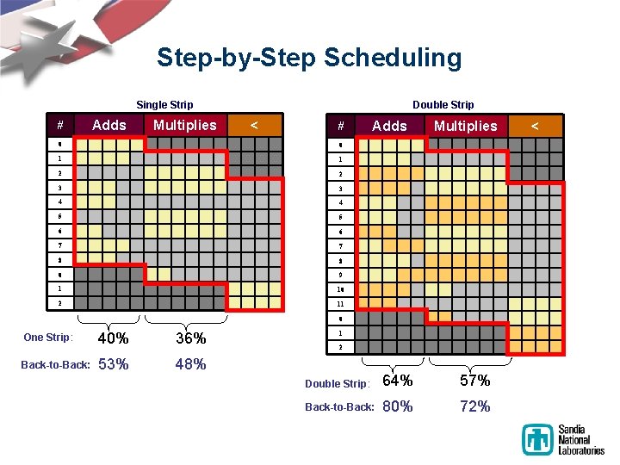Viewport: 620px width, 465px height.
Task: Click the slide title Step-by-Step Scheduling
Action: click(309, 58)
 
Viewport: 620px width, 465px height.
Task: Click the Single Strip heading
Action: click(164, 105)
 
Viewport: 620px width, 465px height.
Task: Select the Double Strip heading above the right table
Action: click(443, 105)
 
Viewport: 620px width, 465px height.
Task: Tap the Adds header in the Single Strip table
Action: click(109, 126)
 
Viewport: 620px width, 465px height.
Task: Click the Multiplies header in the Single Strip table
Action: click(185, 126)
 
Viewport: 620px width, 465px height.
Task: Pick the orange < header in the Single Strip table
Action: click(254, 126)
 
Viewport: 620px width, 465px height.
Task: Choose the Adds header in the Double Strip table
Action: click(389, 127)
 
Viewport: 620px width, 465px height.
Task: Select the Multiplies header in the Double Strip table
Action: click(465, 127)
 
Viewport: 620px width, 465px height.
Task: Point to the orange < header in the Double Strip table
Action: click(535, 127)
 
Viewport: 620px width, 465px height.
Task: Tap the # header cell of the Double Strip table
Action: click(341, 127)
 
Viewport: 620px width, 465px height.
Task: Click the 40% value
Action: click(114, 338)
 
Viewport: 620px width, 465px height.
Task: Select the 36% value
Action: click(190, 338)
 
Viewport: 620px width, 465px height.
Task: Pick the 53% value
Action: click(114, 364)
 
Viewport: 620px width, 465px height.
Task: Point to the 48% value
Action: click(190, 364)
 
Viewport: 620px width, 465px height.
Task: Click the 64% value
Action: click(397, 381)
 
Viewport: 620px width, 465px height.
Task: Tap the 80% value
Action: click(397, 406)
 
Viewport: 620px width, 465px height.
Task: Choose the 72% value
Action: click(474, 406)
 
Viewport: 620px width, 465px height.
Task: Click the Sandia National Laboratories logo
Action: click(562, 439)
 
